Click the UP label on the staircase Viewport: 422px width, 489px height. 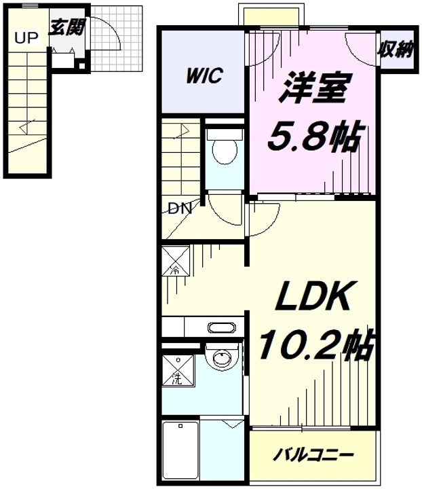click(x=26, y=38)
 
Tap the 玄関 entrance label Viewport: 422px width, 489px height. click(x=67, y=27)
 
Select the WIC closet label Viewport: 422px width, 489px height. click(x=204, y=75)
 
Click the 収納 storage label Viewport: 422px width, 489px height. click(x=396, y=50)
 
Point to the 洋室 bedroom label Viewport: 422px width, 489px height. click(x=315, y=88)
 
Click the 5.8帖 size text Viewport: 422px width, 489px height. click(x=315, y=137)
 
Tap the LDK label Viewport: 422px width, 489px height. click(x=312, y=295)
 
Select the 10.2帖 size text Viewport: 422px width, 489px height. click(x=316, y=344)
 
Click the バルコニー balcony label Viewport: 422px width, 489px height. click(x=313, y=455)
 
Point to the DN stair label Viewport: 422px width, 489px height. click(x=180, y=209)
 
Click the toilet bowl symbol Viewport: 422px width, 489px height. click(x=225, y=151)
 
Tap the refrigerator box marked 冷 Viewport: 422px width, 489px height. click(x=176, y=261)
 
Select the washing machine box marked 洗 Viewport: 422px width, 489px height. click(x=178, y=370)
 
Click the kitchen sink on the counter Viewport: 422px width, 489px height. click(x=222, y=328)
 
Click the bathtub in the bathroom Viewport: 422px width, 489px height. click(x=180, y=452)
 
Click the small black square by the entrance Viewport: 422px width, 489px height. click(x=81, y=66)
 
